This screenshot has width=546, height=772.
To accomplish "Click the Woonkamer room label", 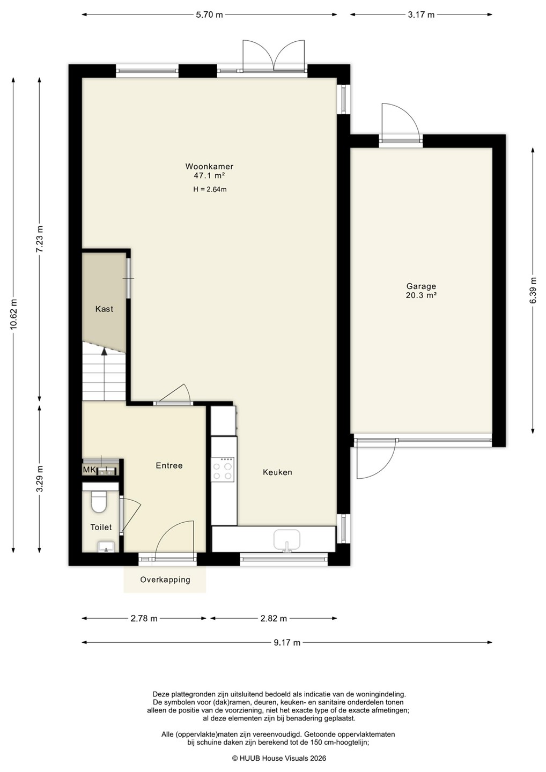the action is [x=209, y=166].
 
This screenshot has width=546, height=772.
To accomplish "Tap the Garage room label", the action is [x=421, y=286].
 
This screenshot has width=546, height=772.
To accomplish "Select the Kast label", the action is [x=104, y=309].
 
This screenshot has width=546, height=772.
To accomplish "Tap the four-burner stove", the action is [x=223, y=470].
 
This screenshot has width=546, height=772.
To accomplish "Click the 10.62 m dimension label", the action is [x=13, y=315].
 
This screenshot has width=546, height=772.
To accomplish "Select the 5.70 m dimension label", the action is [x=209, y=14].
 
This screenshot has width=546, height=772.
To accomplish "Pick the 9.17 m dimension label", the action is [x=287, y=642].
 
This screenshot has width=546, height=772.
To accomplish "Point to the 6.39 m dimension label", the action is [x=533, y=291].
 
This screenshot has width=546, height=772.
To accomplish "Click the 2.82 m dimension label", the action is [x=274, y=618].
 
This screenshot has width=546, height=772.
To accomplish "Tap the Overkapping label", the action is [x=165, y=580].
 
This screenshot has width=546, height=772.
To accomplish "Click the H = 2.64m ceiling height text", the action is [x=210, y=189].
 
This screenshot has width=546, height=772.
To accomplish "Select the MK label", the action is [x=89, y=470].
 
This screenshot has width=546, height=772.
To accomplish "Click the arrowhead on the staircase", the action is [x=104, y=351].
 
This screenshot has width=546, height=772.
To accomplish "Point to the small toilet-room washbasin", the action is [x=106, y=546].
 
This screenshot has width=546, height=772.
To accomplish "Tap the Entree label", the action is [x=169, y=465].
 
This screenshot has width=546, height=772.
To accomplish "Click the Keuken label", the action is [x=277, y=472].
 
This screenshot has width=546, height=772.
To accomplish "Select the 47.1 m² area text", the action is [x=209, y=175].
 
